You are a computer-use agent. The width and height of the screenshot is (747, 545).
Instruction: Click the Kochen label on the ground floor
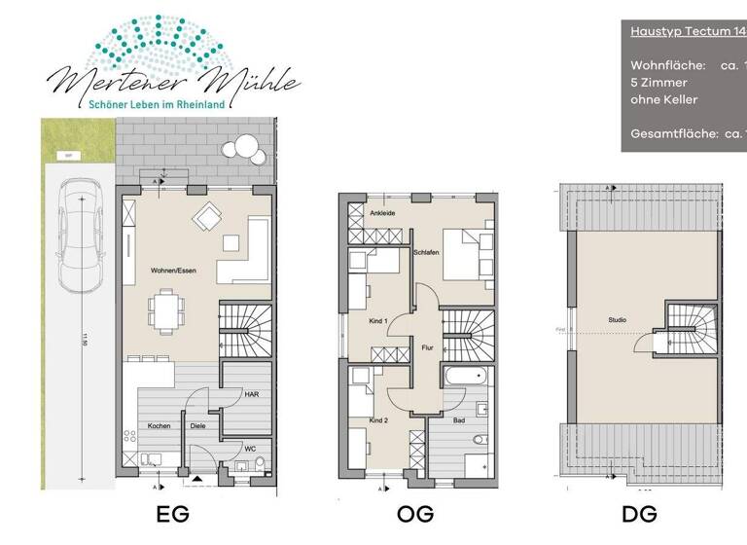[x=160, y=427]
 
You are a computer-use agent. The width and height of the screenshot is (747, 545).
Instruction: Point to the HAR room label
[x=250, y=394]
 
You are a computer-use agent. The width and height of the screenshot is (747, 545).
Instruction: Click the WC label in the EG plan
[x=251, y=449]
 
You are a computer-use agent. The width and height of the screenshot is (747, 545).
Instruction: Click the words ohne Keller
[x=664, y=99]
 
